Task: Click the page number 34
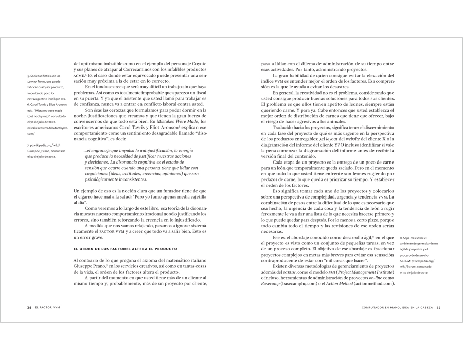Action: click(x=29, y=308)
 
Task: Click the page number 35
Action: click(x=439, y=308)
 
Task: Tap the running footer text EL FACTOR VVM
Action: click(x=48, y=308)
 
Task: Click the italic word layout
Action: click(x=329, y=139)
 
